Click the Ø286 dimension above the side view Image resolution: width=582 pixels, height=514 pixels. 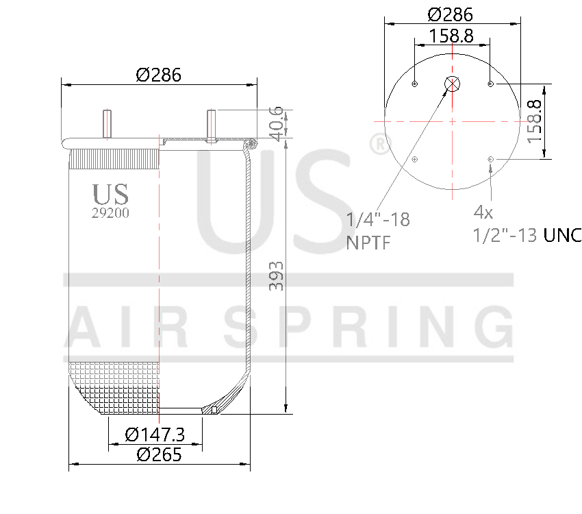click(158, 75)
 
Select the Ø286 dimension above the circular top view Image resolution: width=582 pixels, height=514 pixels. click(450, 14)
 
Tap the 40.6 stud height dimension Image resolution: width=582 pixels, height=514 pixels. click(276, 123)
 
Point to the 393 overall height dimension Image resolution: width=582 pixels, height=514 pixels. click(276, 276)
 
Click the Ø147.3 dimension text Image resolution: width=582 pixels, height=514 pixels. click(155, 435)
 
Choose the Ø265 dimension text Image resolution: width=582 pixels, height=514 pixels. click(158, 454)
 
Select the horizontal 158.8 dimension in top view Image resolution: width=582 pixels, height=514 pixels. click(451, 36)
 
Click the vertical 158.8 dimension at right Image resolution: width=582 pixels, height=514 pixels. click(535, 121)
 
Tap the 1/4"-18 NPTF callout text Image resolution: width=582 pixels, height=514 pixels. click(378, 230)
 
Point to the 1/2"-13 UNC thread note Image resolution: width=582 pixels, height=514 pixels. click(527, 235)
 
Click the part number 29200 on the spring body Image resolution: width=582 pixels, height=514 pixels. click(110, 213)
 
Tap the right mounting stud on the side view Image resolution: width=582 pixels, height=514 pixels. click(212, 125)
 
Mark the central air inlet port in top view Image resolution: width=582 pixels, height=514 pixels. click(453, 84)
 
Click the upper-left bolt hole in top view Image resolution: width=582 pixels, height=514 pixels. click(415, 84)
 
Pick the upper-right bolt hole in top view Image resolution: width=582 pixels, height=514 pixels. click(490, 84)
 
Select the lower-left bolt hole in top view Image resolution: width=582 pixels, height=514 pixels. click(415, 159)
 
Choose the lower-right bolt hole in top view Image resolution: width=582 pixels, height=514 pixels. click(490, 159)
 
